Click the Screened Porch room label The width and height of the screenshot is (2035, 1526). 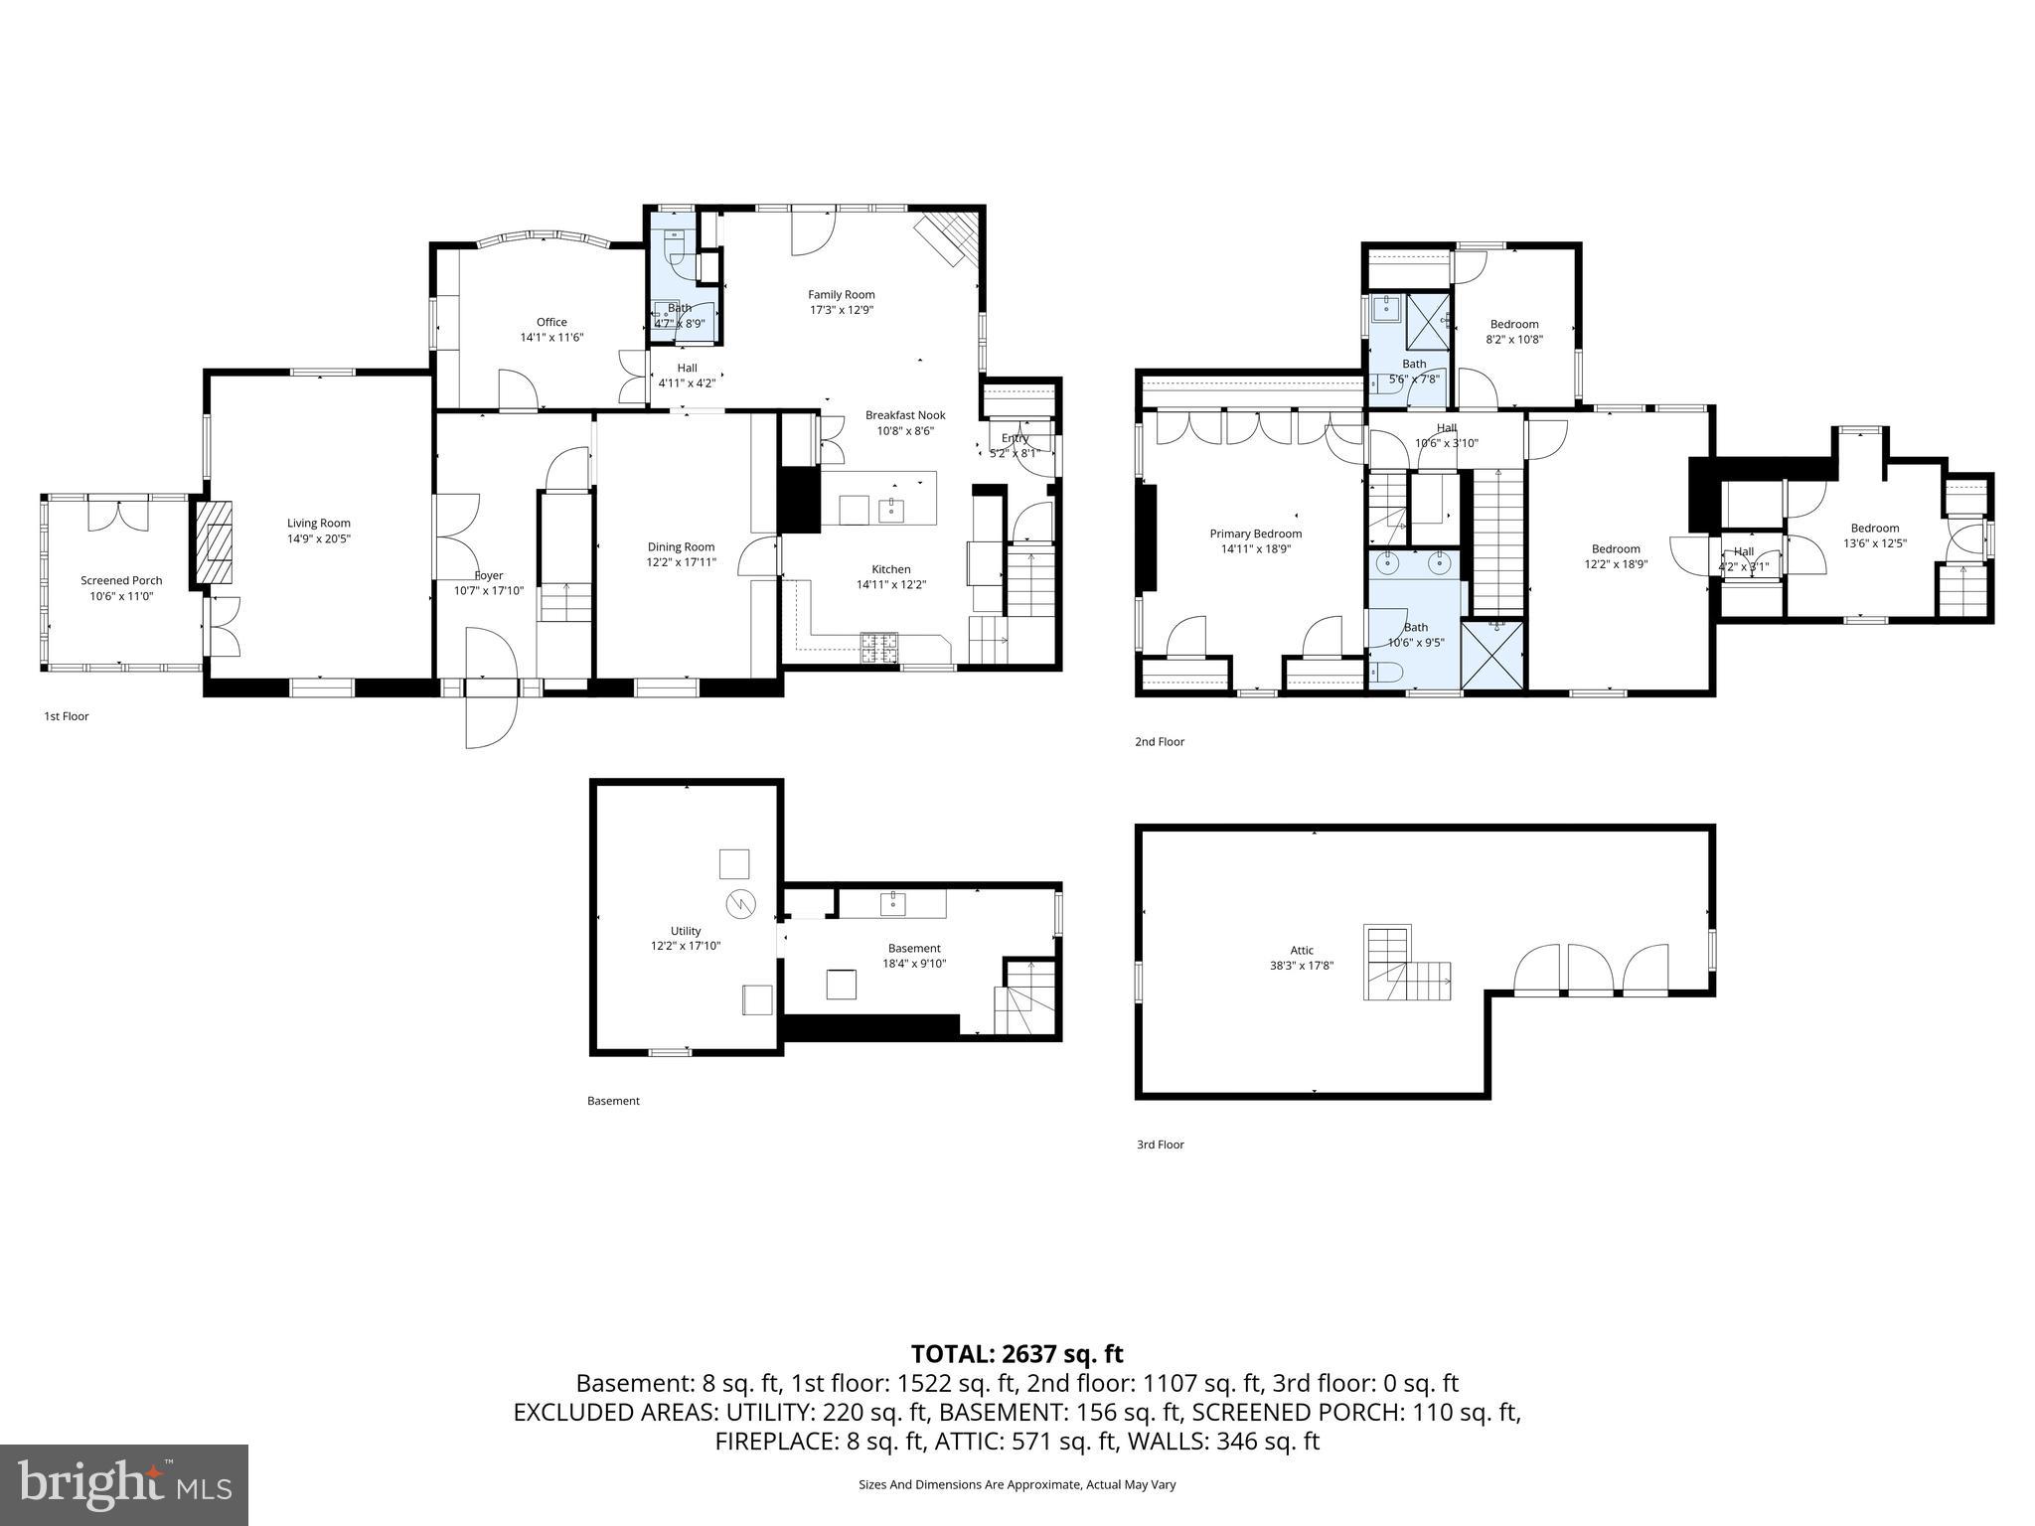[x=121, y=580]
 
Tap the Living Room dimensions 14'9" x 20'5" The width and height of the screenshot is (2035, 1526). [x=319, y=538]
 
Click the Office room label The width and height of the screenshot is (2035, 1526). [x=551, y=322]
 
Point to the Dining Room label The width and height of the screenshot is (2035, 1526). [x=681, y=546]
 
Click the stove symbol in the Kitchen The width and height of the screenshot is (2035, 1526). [x=878, y=647]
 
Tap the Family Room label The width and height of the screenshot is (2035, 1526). [x=841, y=294]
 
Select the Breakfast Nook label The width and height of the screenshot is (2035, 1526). [x=904, y=415]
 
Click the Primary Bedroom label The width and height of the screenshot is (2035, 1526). [x=1255, y=534]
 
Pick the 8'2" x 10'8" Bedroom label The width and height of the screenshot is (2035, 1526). [x=1514, y=324]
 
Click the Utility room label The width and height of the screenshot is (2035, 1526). [x=685, y=931]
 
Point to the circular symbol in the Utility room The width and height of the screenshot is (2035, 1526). [x=741, y=903]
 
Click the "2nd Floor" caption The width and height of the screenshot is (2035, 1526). [x=1160, y=741]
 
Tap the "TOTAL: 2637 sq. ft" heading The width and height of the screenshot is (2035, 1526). [x=1017, y=1353]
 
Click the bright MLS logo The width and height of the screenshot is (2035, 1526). [x=124, y=1484]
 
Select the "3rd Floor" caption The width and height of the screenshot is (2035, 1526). [x=1160, y=1144]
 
